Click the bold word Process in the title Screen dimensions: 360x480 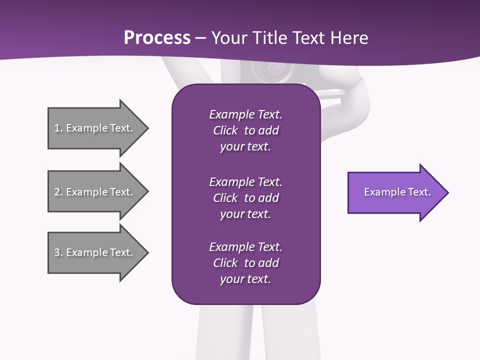pyautogui.click(x=157, y=37)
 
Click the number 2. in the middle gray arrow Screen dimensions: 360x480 pyautogui.click(x=58, y=192)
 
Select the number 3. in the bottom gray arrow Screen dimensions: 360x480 pyautogui.click(x=58, y=252)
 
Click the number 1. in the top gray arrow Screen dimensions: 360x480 pyautogui.click(x=58, y=128)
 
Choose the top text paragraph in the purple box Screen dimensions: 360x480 pyautogui.click(x=245, y=130)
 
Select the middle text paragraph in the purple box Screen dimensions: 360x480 pyautogui.click(x=245, y=198)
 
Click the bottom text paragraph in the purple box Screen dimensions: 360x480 pyautogui.click(x=245, y=263)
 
